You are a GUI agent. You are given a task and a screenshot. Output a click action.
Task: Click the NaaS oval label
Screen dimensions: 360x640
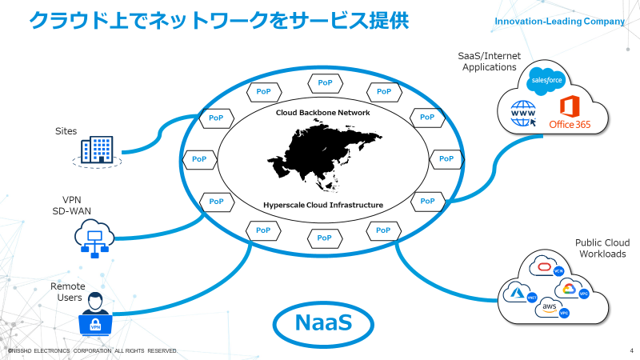pos(323,323)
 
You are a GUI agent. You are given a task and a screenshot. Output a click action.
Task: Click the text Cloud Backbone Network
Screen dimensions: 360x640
pos(322,113)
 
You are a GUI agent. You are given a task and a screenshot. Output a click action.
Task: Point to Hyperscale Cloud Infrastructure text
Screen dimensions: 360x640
pos(322,206)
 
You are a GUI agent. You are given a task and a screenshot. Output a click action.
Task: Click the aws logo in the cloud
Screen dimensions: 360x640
pos(550,307)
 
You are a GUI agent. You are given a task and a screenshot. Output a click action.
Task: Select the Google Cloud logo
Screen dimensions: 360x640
pos(569,289)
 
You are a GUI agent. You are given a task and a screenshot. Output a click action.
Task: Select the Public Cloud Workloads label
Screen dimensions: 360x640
pos(601,249)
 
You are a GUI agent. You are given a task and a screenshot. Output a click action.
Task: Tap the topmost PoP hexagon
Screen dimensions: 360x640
pos(324,82)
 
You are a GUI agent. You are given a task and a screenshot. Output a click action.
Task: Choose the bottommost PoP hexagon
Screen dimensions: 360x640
pos(324,238)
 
